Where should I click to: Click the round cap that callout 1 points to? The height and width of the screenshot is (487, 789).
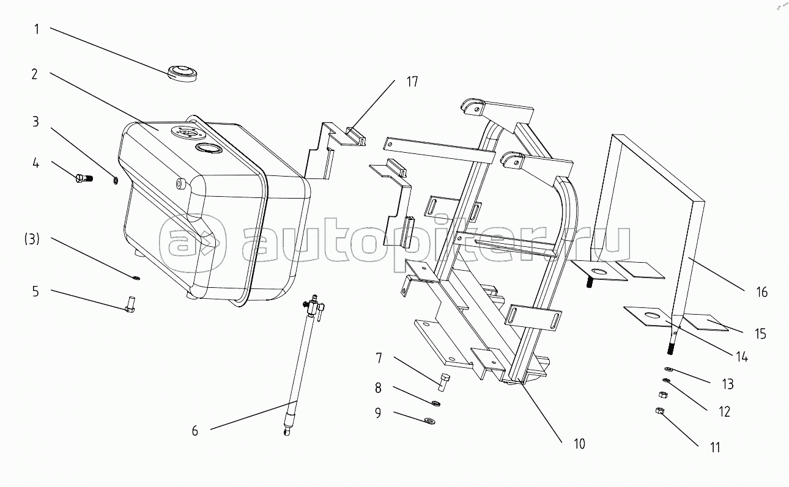click(x=182, y=73)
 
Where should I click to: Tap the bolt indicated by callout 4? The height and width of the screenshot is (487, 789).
click(x=83, y=178)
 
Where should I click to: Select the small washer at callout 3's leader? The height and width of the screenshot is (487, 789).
click(x=116, y=180)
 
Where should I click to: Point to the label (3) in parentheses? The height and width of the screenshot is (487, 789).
click(x=32, y=240)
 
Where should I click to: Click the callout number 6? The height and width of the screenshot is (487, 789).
click(x=194, y=430)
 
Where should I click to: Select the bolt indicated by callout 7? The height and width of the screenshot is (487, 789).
click(x=443, y=382)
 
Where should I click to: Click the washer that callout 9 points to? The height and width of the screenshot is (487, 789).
click(x=431, y=420)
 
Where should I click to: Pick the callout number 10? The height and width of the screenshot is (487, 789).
click(x=579, y=444)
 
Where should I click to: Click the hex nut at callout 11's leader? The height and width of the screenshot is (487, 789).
click(x=659, y=411)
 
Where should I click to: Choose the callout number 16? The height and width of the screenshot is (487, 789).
click(x=761, y=292)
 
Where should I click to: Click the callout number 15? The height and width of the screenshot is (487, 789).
click(x=760, y=334)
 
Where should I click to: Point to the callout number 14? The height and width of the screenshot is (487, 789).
click(x=741, y=357)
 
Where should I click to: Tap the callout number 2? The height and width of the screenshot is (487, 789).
click(x=35, y=74)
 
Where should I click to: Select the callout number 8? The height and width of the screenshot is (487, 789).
click(x=378, y=387)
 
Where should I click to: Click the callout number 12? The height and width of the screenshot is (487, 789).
click(x=724, y=411)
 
